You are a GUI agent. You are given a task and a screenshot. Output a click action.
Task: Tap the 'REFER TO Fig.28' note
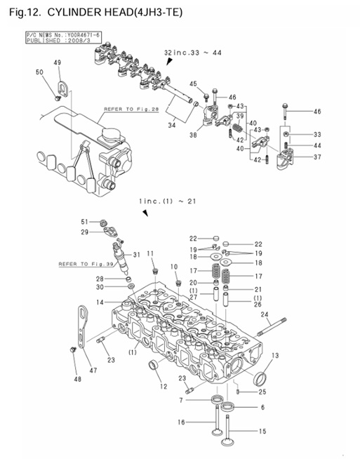131,109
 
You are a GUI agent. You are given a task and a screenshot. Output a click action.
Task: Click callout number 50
39,73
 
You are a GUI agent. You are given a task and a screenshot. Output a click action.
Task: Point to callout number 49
58,63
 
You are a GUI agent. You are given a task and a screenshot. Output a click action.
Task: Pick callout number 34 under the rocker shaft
171,126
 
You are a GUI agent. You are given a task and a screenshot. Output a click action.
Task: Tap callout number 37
316,157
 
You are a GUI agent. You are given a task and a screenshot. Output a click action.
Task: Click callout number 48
77,380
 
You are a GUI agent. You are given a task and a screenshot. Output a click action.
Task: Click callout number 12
163,387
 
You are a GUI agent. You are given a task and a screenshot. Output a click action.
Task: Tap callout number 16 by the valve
181,423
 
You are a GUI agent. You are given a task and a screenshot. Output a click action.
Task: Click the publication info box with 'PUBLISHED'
53,37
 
